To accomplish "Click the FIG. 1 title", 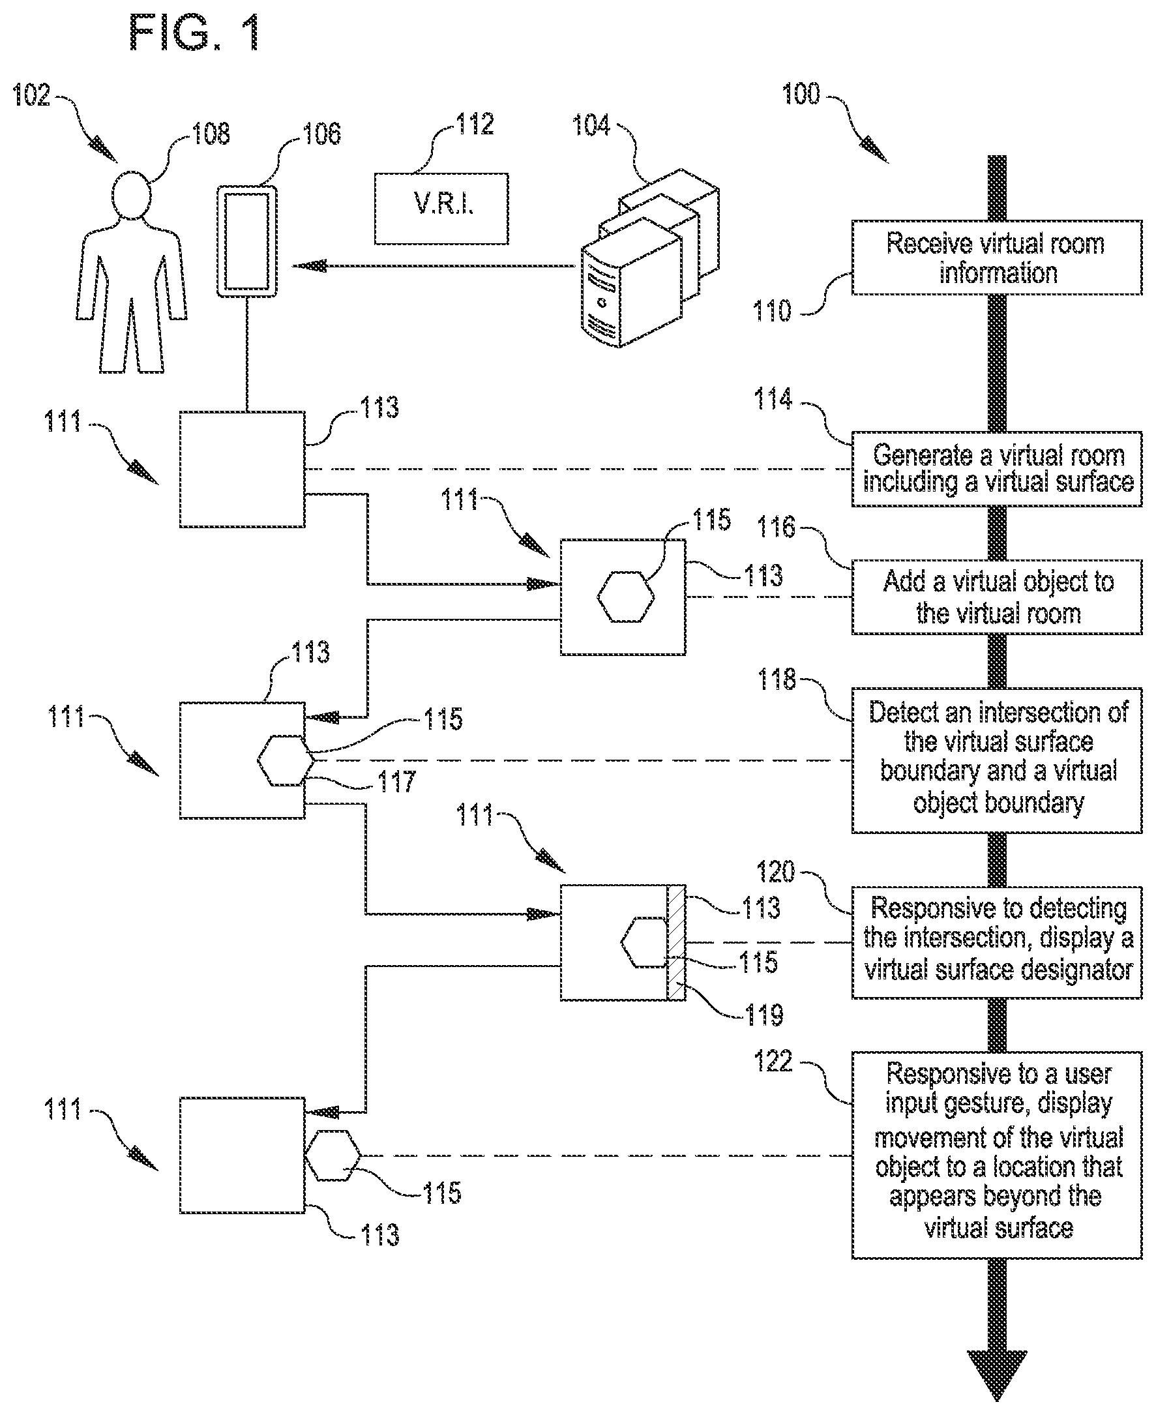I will (194, 33).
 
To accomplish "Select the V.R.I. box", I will (441, 209).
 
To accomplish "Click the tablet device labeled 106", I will (247, 241).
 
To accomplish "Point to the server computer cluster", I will (649, 260).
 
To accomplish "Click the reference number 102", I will (31, 95).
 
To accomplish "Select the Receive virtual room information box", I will (996, 258).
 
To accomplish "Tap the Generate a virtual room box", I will (996, 469).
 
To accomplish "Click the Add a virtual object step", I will (996, 597).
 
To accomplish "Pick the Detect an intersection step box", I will (996, 760).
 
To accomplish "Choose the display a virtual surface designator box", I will (996, 942).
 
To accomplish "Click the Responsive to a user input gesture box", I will (996, 1155).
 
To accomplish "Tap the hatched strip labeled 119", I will (676, 942).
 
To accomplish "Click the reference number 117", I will (397, 781).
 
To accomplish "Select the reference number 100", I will (801, 94).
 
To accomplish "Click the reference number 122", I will (773, 1061).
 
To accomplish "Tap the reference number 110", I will (772, 311).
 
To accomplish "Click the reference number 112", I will (475, 125).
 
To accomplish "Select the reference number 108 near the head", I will (211, 134).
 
